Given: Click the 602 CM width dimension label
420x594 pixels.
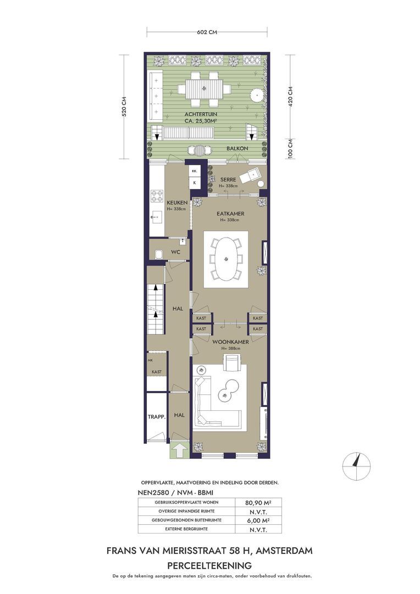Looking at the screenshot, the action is coord(207,32).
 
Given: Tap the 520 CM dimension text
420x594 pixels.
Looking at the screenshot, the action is coord(124,107).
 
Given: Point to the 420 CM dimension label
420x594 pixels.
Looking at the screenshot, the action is coord(290,97).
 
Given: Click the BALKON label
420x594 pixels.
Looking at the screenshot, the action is coord(237,148).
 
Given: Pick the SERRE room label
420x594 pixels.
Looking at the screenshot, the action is coord(228,179).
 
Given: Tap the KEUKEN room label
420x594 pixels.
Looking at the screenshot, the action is coord(177,203).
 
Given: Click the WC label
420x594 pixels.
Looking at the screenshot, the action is coord(175,252).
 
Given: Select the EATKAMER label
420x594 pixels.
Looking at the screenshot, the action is coord(230,213).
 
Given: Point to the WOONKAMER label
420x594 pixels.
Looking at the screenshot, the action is coord(230,342).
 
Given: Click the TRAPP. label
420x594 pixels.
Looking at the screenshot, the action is coord(157,417).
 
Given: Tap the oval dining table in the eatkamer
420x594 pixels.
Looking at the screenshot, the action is coord(226,258).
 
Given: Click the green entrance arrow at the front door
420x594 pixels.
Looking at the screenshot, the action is coord(180,450).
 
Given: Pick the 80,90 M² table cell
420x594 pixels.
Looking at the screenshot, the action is coord(258,503).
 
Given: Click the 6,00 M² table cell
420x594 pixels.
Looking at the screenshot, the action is coord(258,520).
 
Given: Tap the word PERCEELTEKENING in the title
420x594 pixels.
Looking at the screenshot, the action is coord(209,565).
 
